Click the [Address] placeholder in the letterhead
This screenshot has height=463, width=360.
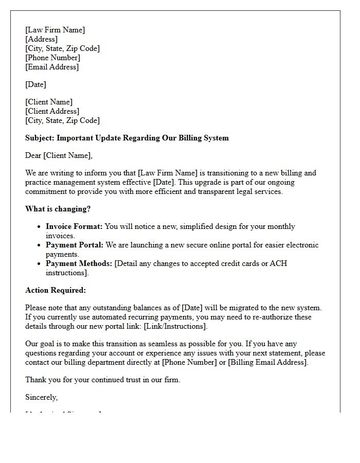coord(41,39)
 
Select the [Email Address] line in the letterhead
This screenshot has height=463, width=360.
coord(52,67)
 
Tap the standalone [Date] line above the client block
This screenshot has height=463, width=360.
coord(35,84)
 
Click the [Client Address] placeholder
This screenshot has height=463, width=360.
coord(52,111)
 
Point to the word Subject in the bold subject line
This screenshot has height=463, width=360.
coord(39,138)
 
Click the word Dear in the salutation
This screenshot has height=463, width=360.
coord(33,155)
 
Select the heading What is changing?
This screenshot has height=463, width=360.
coord(58,209)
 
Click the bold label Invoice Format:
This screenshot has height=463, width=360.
coord(74,226)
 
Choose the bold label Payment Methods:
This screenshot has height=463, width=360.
coord(79,263)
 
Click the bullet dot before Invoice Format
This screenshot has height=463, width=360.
coord(40,227)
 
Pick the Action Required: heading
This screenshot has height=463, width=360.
coord(56,290)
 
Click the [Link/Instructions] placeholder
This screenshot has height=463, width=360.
coord(175,326)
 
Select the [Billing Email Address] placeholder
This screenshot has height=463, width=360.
coord(267,362)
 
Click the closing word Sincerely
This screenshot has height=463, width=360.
coord(41,397)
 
